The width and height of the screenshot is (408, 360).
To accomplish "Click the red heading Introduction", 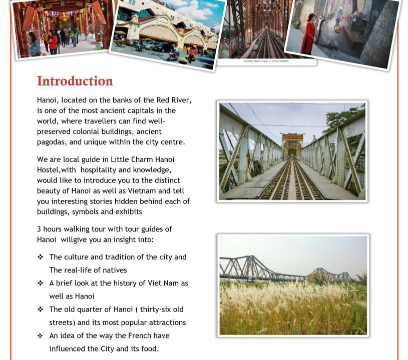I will [75, 81].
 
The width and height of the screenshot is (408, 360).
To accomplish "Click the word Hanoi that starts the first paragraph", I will [47, 100].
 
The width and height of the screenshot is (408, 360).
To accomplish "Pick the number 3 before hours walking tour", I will [39, 229].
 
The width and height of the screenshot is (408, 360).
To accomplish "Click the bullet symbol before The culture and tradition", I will [40, 257].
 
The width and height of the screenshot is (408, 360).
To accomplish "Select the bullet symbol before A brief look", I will [40, 283].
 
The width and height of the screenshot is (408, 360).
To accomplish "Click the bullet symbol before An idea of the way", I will [40, 335].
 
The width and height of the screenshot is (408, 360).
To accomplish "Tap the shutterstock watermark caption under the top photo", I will [266, 61].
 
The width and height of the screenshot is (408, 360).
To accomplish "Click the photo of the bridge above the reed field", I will [293, 285].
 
